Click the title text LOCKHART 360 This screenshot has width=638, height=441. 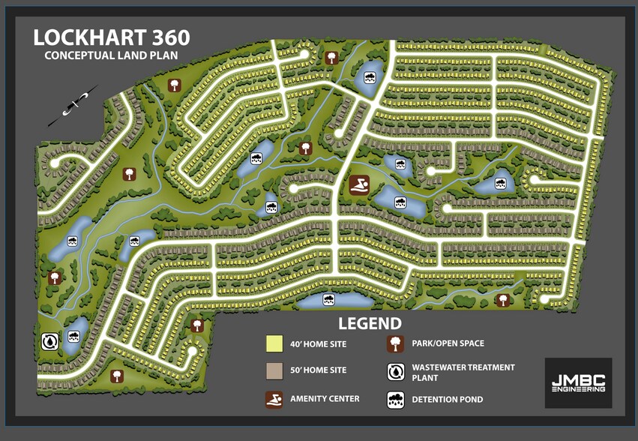tap(112, 37)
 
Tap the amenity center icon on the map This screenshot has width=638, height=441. tap(358, 184)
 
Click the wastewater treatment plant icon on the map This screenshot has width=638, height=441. tap(49, 341)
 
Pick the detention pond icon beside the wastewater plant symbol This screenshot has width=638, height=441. tap(74, 336)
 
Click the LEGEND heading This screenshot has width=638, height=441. tap(370, 324)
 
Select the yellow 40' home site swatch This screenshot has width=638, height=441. tap(274, 344)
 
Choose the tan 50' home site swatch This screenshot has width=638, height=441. tap(274, 370)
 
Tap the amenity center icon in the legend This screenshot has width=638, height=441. tap(274, 399)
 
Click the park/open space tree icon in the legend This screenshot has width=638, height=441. tap(395, 344)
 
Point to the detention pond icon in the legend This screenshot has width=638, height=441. tap(395, 400)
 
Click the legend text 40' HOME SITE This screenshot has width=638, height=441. tap(318, 344)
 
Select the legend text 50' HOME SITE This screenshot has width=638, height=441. tap(318, 370)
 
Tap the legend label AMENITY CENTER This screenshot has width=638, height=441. tap(325, 399)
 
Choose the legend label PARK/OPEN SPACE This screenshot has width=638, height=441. tap(448, 343)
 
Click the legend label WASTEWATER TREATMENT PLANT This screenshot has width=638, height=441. tap(463, 372)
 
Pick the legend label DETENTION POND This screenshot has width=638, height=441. tap(447, 400)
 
